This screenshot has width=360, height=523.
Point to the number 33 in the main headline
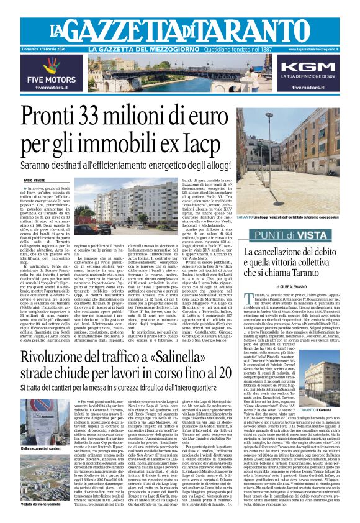pos(101,117)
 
